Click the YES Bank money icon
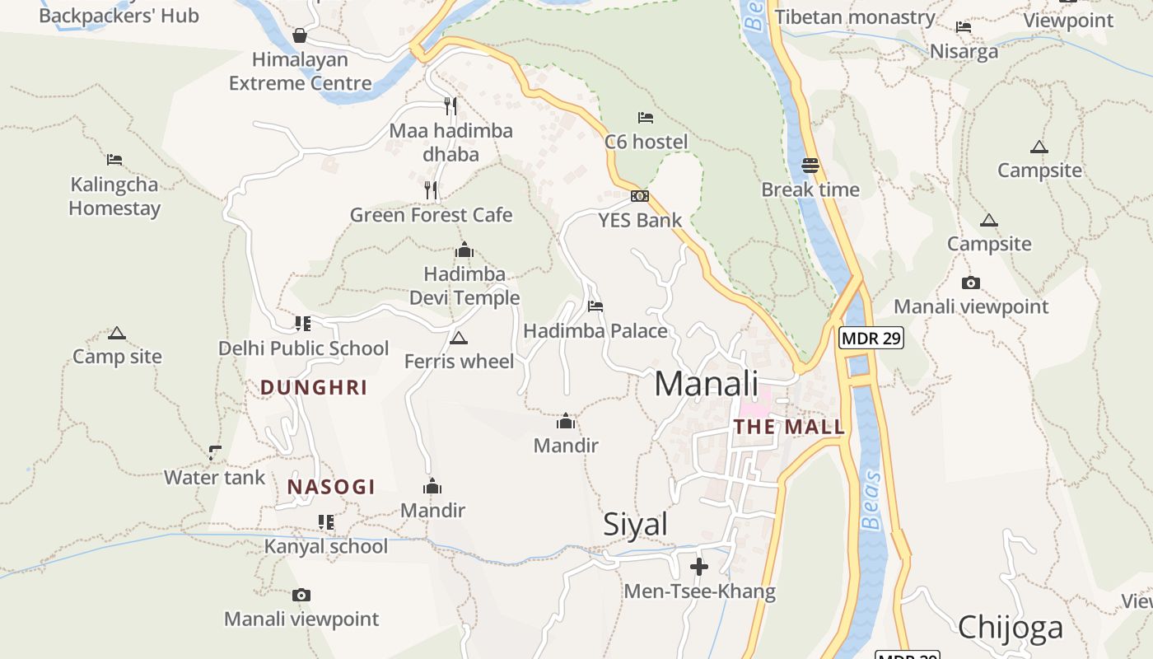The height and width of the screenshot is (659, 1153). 640,196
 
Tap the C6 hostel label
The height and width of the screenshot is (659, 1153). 646,142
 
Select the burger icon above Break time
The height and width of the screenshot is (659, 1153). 810,165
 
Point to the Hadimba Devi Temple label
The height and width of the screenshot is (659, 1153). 464,286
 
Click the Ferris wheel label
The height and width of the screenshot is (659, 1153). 459,362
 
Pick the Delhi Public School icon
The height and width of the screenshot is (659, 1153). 302,324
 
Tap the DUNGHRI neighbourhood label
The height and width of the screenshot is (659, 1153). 314,388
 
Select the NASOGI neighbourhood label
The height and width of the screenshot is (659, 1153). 331,487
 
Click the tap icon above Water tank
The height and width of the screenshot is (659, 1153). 215,452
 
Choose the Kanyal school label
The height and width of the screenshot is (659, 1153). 325,547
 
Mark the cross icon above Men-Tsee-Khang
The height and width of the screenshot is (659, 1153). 698,567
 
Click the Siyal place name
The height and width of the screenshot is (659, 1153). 635,525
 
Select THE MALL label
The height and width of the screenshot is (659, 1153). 789,427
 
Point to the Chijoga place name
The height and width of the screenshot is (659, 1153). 1011,628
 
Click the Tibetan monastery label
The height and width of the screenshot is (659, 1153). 855,17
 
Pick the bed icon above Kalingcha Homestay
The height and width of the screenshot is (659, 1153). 114,160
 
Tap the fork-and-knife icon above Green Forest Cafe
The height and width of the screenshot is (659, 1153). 431,190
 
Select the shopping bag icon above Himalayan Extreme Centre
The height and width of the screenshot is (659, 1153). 300,35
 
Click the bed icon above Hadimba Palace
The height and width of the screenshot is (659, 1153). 595,306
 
